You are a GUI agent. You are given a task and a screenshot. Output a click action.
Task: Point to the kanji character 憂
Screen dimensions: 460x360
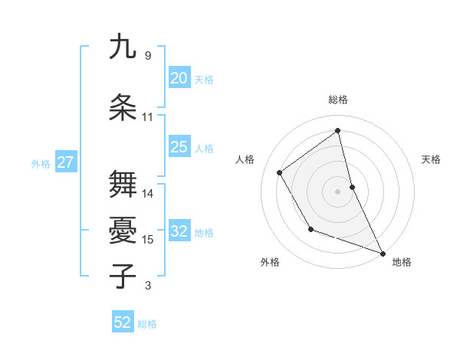click(123, 229)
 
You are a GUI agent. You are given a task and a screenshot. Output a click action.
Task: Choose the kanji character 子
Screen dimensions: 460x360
click(123, 276)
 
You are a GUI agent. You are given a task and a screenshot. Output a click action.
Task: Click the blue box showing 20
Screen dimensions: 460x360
click(179, 78)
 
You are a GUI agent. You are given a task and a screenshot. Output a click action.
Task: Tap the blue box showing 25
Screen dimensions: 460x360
click(179, 147)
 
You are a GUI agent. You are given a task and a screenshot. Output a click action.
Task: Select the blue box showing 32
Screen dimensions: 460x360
click(179, 231)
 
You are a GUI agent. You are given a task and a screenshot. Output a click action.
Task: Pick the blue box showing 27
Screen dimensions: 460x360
click(65, 162)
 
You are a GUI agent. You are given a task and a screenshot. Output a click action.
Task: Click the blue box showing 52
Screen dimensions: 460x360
click(123, 322)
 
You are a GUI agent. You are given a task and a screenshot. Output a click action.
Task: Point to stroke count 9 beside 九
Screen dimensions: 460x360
click(147, 56)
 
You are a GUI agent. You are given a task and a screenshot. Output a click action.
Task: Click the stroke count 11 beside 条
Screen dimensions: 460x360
click(148, 117)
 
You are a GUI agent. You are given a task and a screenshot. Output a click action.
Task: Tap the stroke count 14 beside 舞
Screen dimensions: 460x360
click(148, 194)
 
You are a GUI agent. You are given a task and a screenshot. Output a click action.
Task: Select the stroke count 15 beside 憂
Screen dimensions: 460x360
click(148, 240)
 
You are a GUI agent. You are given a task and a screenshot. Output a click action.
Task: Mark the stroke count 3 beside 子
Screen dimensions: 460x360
click(147, 286)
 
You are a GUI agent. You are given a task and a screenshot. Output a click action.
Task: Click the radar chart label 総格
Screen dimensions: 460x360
click(338, 100)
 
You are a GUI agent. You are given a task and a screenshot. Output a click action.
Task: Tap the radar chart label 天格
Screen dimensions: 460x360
click(432, 159)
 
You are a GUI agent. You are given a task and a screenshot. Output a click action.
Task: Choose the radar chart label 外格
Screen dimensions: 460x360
click(270, 262)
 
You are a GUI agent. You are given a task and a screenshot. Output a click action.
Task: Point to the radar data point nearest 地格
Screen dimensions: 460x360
click(383, 254)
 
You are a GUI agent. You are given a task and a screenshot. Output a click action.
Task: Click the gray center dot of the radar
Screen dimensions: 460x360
click(338, 191)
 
